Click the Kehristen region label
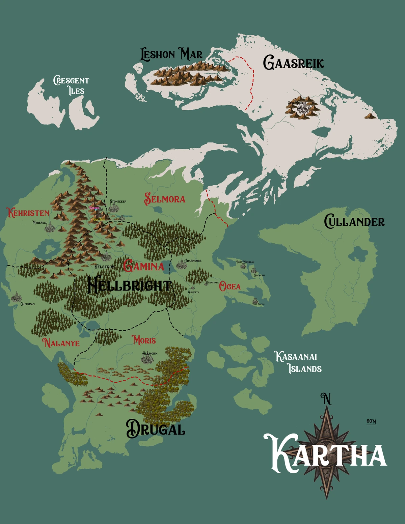28,213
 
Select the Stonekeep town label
118,201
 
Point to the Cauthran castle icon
16,298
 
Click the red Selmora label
165,199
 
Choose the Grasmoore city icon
182,265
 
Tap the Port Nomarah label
245,262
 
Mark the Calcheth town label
259,275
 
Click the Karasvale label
212,282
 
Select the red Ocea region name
230,287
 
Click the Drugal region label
156,429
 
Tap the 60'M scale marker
371,421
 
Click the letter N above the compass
326,399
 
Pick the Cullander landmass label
354,222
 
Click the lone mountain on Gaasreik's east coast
370,116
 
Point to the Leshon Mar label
171,54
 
